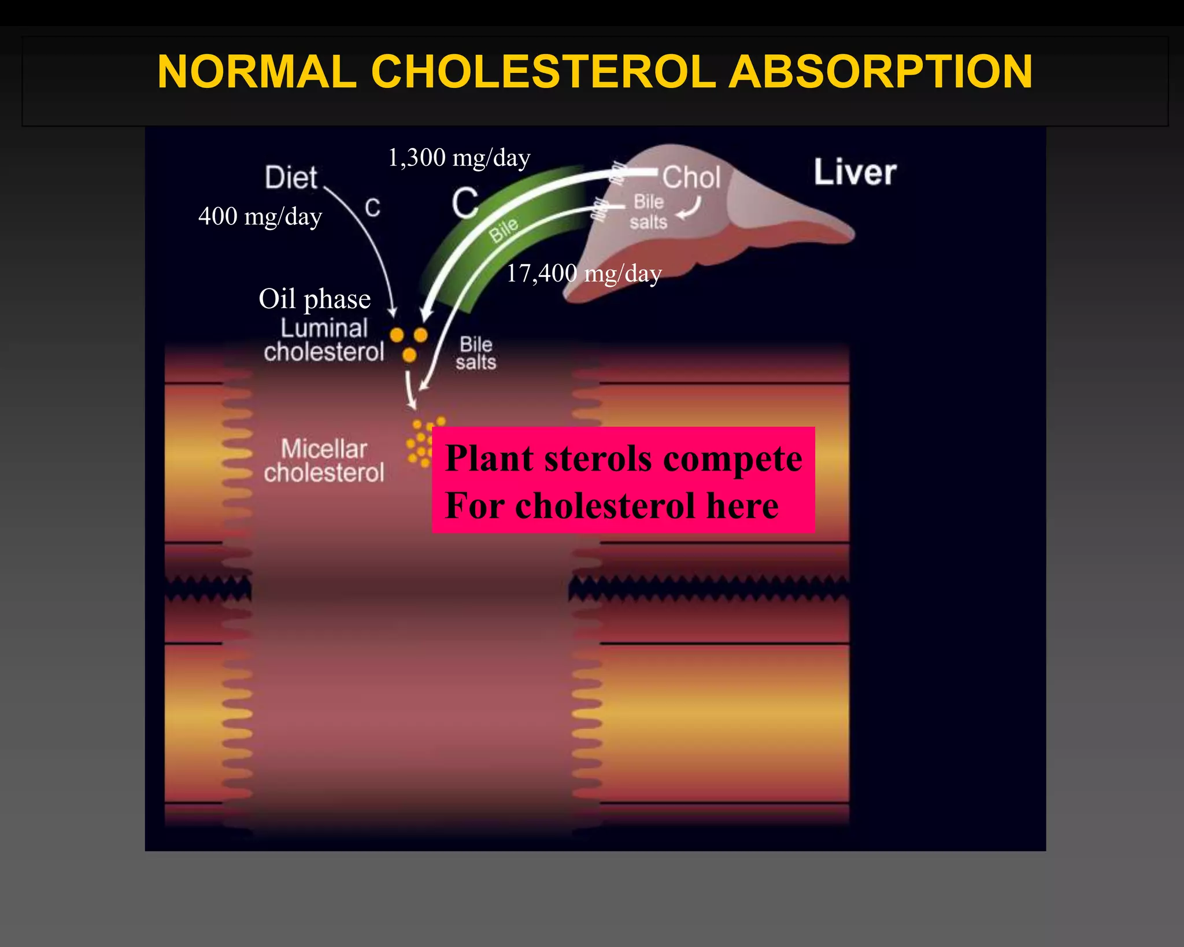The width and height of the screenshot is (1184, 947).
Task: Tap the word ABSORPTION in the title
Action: [x=880, y=72]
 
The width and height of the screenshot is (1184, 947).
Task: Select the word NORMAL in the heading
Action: [x=257, y=72]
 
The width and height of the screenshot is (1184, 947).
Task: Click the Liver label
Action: [x=855, y=172]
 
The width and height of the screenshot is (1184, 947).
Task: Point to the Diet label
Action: [x=291, y=177]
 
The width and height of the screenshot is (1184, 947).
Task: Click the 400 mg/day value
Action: [x=260, y=217]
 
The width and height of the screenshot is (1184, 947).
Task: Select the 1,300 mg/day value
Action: [x=459, y=158]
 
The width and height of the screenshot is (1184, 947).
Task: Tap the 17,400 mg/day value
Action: [x=584, y=273]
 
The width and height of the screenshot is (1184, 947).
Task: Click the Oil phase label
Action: [x=314, y=299]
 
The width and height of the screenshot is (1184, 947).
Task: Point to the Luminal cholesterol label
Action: [x=324, y=340]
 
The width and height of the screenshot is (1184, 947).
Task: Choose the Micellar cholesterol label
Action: [x=324, y=461]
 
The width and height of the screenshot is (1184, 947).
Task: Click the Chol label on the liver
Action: [x=691, y=177]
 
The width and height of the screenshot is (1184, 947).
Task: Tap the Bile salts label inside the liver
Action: [x=648, y=212]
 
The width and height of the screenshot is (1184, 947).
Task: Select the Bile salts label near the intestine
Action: [x=476, y=353]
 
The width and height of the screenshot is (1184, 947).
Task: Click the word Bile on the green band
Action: [x=504, y=230]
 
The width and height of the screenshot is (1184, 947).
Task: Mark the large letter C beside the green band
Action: [x=465, y=203]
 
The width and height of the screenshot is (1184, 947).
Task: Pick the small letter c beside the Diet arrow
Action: [x=373, y=208]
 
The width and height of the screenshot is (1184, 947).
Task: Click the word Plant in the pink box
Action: [x=489, y=459]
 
